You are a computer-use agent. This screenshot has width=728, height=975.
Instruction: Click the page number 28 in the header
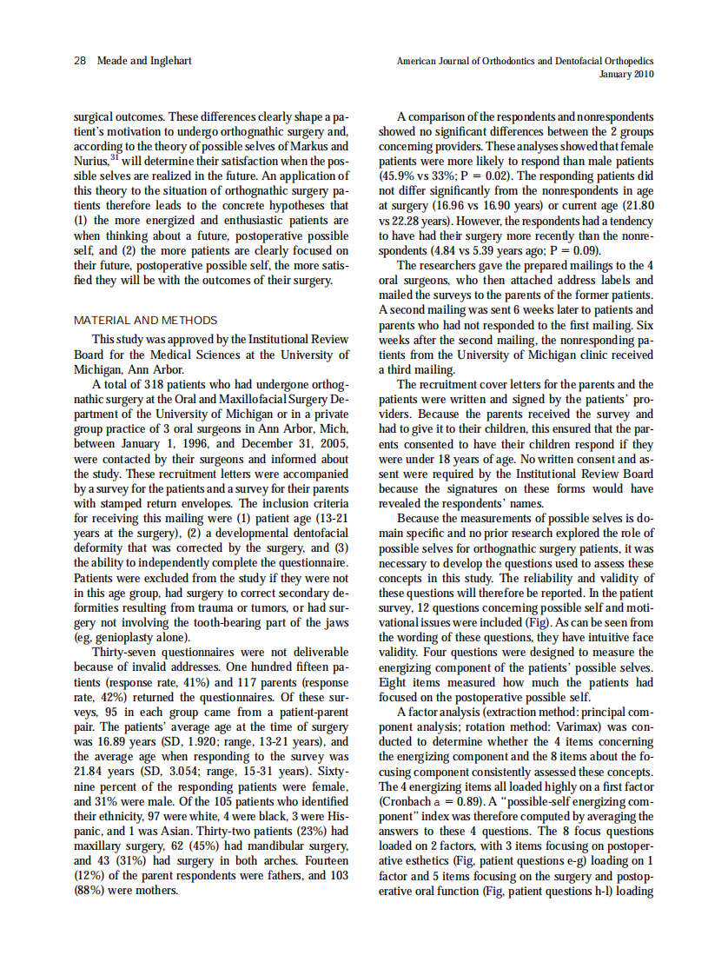click(80, 61)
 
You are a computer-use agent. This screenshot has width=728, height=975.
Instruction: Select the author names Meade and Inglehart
click(144, 61)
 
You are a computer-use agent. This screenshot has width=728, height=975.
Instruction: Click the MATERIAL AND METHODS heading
click(145, 321)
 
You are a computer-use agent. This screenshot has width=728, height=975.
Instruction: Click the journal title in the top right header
click(525, 61)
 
